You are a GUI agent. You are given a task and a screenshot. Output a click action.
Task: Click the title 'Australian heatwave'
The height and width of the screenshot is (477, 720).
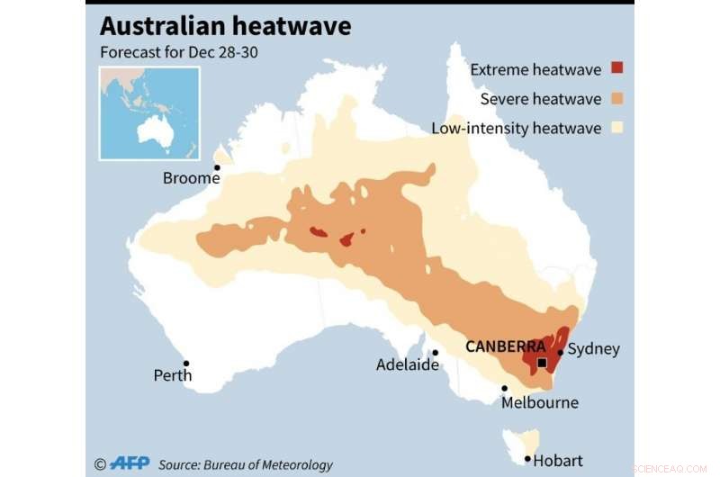[225, 26]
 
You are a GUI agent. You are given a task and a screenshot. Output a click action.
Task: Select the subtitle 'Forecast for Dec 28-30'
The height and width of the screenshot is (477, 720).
[178, 52]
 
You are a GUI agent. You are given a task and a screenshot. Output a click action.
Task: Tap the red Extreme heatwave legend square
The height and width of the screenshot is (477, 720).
[617, 67]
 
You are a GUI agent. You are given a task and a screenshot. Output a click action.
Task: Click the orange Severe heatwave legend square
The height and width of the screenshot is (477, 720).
[617, 97]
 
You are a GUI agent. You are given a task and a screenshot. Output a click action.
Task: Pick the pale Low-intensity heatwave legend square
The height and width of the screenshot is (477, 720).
[617, 127]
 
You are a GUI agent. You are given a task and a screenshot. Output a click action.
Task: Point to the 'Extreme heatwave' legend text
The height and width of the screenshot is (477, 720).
[536, 68]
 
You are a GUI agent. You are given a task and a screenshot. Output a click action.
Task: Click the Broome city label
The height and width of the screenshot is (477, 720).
[191, 178]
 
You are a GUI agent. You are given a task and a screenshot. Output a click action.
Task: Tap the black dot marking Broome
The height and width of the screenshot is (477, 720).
[216, 167]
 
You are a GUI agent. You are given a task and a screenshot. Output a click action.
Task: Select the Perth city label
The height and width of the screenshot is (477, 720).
[172, 375]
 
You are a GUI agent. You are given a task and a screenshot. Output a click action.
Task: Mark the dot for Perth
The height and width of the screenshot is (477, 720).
[186, 364]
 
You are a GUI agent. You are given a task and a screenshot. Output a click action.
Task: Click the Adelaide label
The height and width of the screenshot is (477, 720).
[408, 364]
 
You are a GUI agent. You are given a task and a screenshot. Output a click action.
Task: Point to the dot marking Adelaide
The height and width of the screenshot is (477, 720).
[434, 353]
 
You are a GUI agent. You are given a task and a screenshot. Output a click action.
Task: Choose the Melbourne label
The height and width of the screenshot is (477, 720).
[540, 402]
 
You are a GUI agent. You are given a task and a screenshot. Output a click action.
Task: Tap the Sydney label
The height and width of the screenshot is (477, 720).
[594, 348]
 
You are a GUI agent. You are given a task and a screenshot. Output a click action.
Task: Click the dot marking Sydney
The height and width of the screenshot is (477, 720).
[560, 353]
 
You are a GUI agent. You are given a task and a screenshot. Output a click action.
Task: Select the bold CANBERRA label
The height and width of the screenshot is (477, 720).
[505, 346]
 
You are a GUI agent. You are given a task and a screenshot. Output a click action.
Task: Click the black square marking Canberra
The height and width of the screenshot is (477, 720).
[542, 364]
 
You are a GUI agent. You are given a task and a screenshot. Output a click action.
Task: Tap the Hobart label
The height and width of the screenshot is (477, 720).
[558, 460]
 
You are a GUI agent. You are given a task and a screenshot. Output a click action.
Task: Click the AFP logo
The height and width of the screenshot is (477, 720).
[130, 463]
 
